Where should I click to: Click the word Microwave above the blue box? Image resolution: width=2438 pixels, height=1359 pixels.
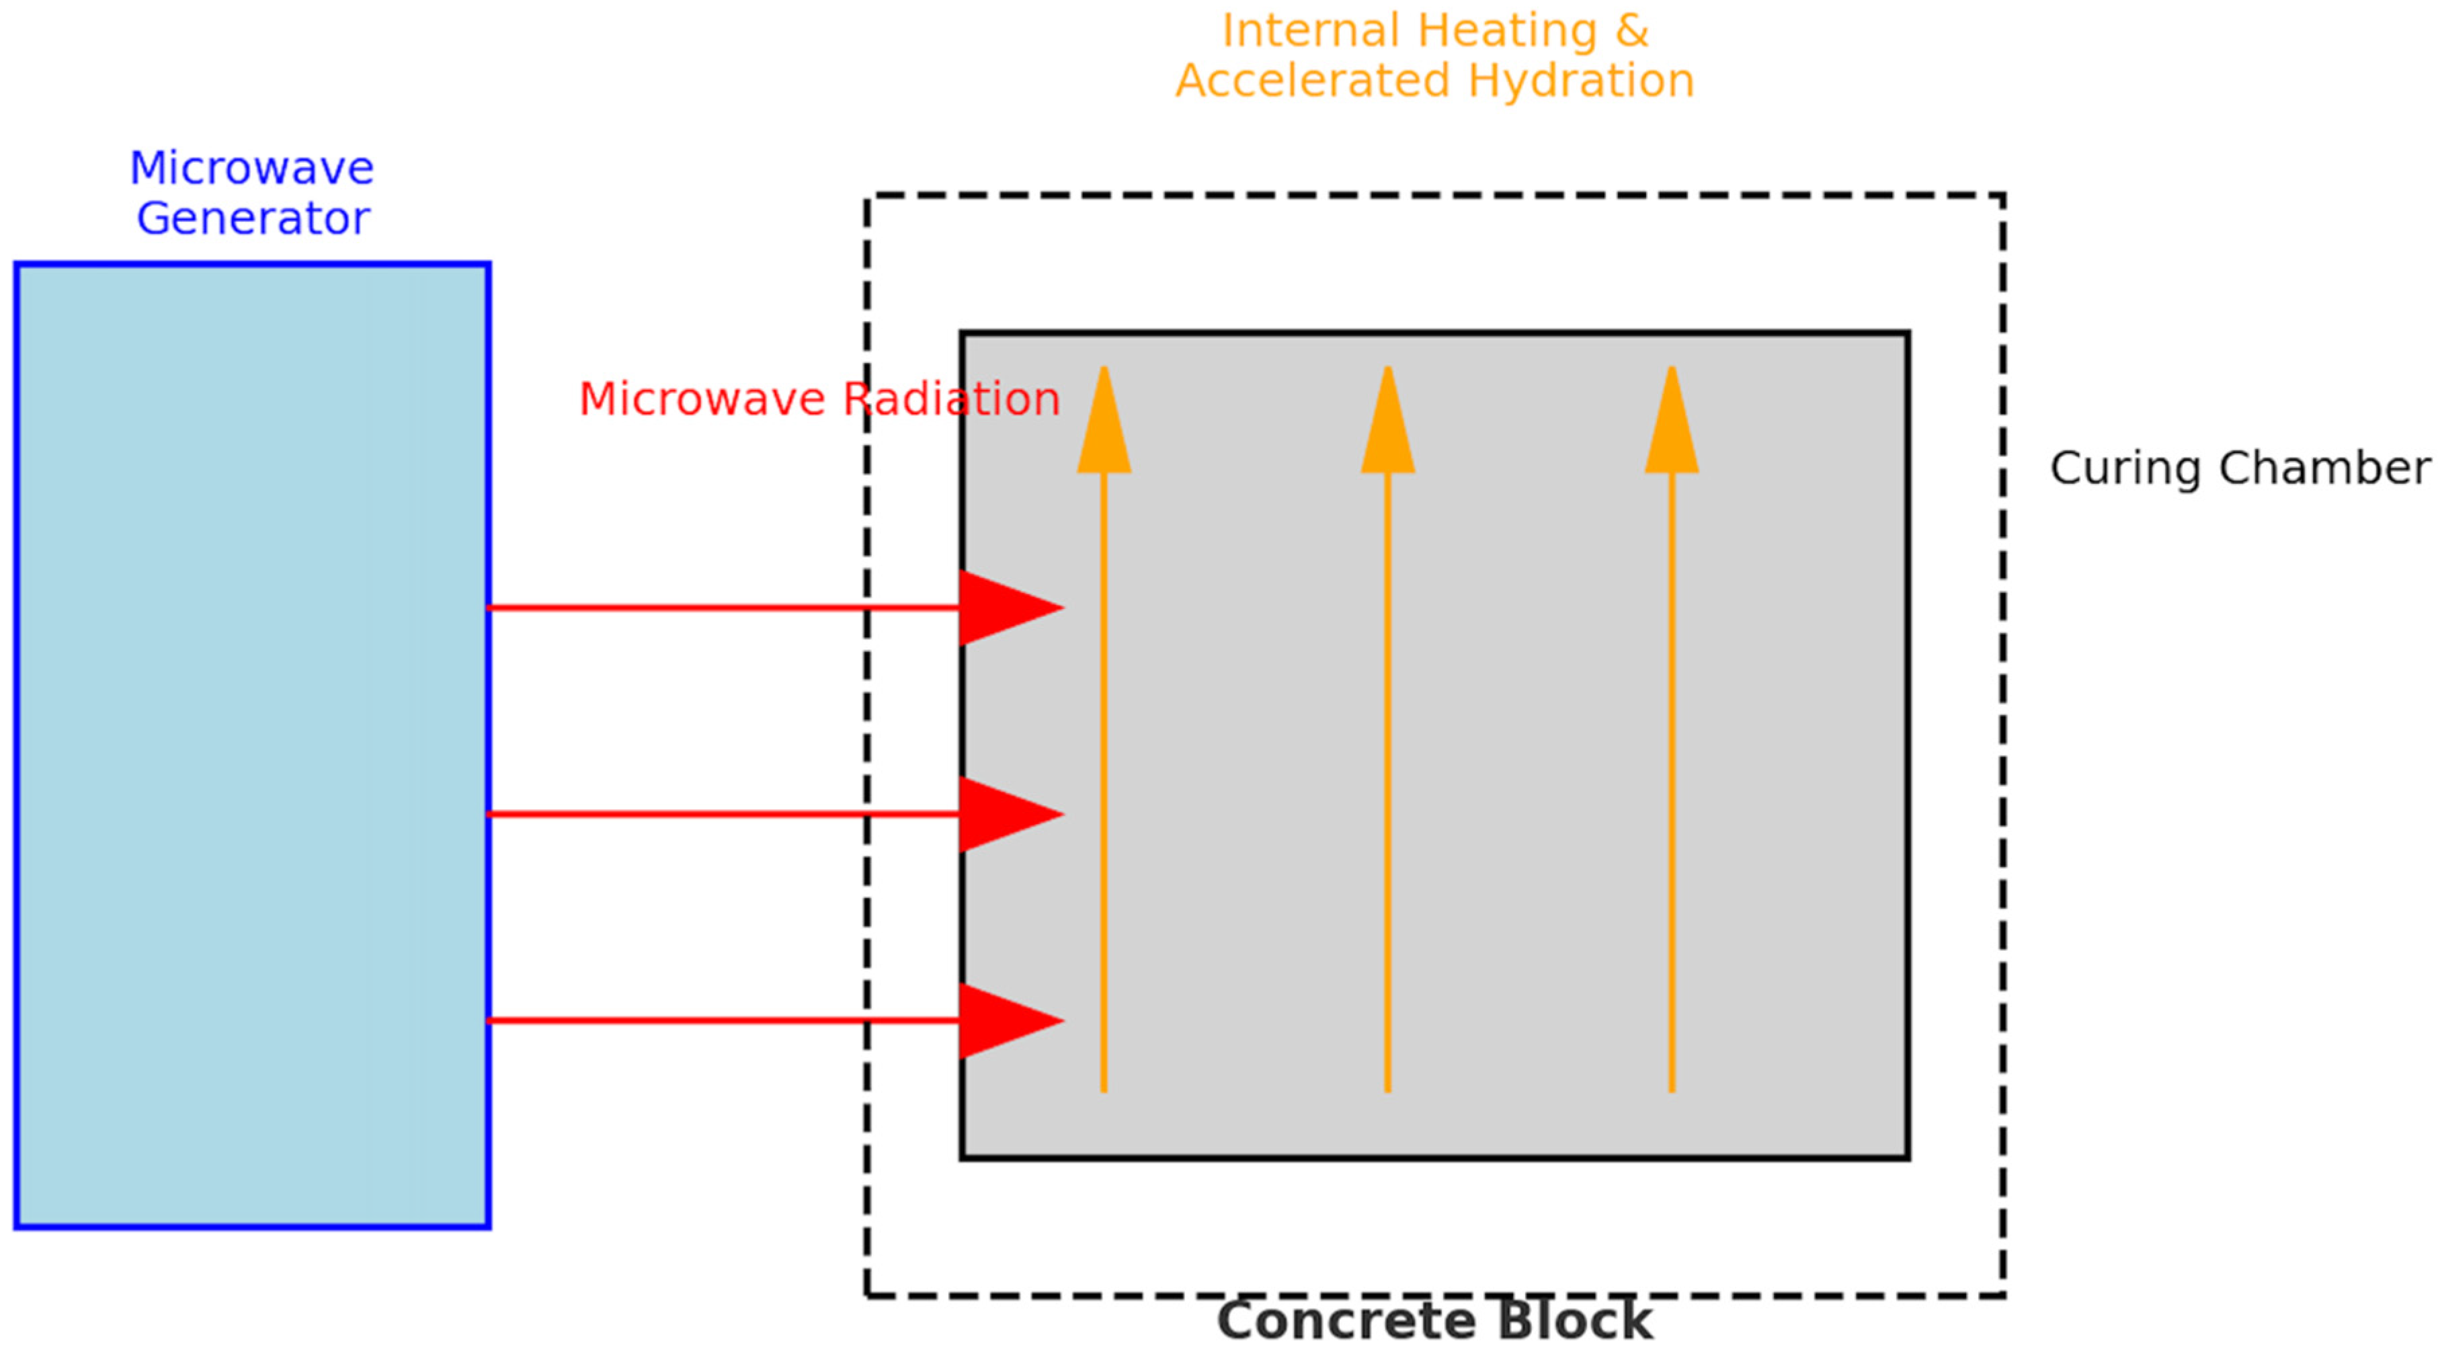tap(252, 169)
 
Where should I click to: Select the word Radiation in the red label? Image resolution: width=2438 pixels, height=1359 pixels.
tap(951, 399)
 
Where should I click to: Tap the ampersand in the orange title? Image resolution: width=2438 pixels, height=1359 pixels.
tap(1631, 31)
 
